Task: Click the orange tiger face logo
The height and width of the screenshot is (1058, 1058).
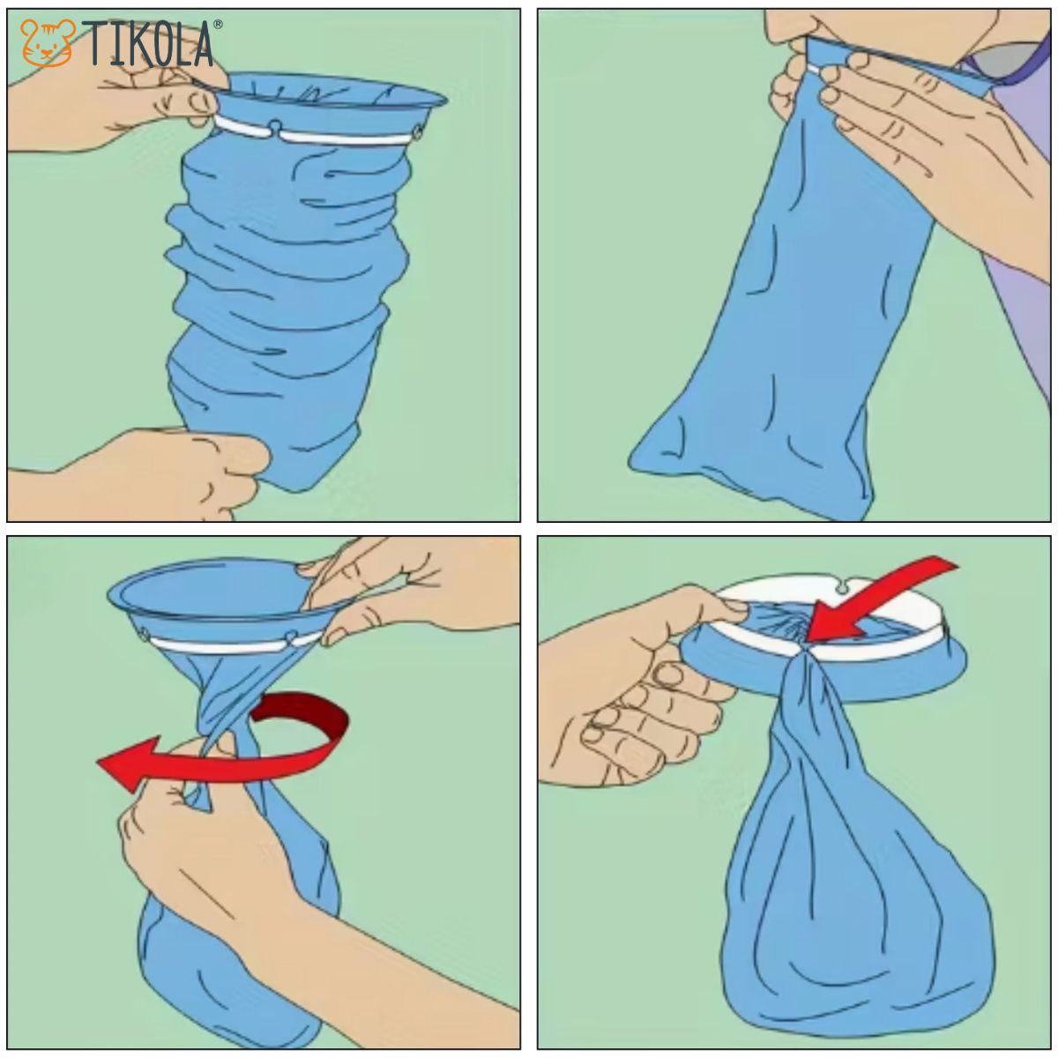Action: click(x=48, y=43)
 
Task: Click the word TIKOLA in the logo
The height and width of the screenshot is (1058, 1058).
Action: click(x=149, y=44)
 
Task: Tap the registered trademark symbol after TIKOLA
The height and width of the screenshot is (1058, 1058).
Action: click(x=218, y=24)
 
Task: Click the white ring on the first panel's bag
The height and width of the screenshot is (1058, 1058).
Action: click(x=318, y=131)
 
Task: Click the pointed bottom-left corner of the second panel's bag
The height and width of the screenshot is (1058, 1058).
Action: click(x=632, y=461)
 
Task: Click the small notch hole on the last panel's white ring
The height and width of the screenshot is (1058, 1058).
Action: click(x=843, y=588)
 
